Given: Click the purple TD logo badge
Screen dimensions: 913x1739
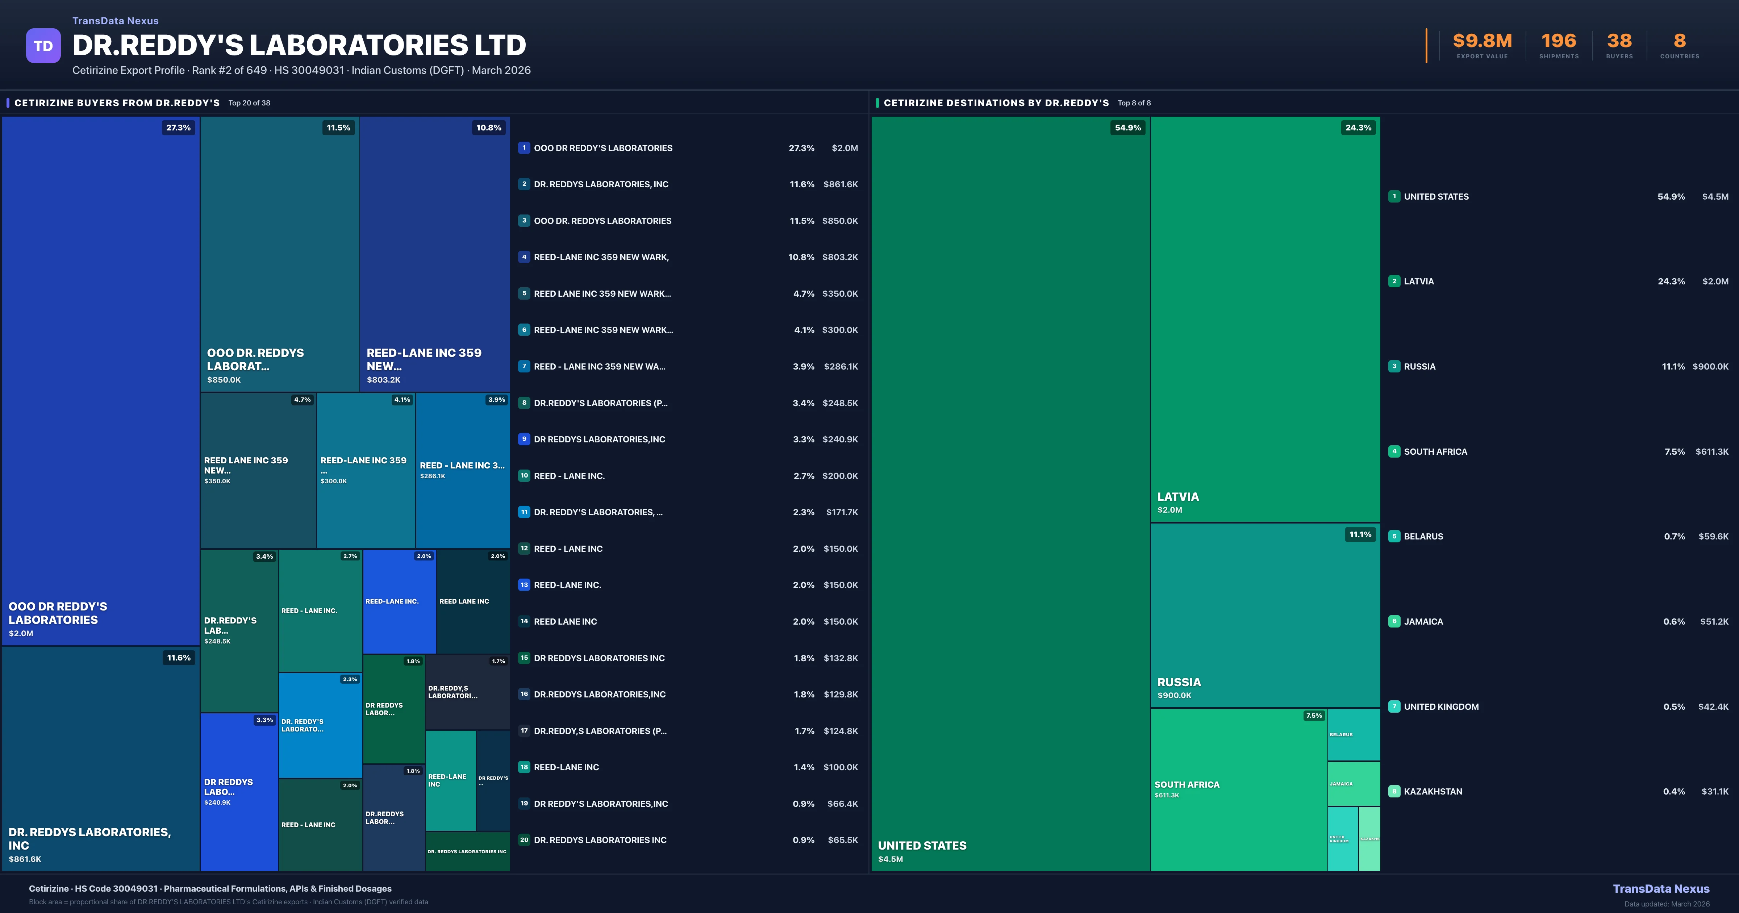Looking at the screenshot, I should point(43,46).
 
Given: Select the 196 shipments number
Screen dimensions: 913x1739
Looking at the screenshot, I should point(1559,41).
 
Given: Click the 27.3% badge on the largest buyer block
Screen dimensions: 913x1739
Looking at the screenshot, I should point(178,128).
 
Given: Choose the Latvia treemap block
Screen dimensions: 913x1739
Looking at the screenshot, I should point(1264,317).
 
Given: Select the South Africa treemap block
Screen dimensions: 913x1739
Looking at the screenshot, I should point(1238,789).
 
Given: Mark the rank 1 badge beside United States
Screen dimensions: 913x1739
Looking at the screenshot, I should point(1394,196).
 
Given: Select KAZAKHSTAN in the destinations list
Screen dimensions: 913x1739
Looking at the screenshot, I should point(1433,791).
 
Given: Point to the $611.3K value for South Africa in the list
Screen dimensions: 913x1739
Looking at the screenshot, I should point(1711,452).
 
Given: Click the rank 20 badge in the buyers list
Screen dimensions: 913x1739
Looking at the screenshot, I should point(524,840).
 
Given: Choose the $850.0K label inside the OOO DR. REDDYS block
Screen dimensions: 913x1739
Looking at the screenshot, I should point(224,380).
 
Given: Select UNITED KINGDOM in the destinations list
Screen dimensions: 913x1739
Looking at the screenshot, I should point(1441,706).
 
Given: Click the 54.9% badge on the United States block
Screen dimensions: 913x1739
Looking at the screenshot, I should point(1127,128).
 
